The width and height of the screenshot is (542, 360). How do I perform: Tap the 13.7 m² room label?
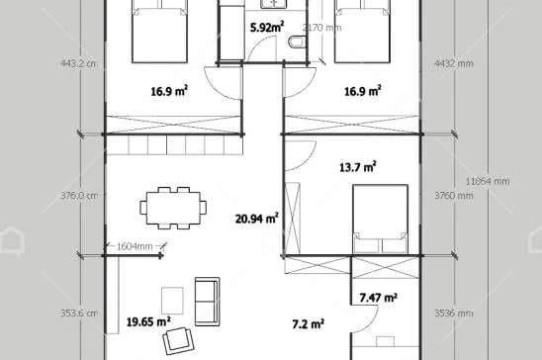(x=357, y=167)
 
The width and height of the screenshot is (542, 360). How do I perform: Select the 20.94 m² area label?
(x=256, y=219)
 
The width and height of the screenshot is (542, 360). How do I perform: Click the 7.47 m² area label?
(x=378, y=297)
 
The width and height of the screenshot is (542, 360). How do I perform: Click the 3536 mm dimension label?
(x=454, y=313)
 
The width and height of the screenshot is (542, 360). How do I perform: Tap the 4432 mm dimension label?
(x=454, y=63)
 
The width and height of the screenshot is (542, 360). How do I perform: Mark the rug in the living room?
(x=171, y=300)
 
